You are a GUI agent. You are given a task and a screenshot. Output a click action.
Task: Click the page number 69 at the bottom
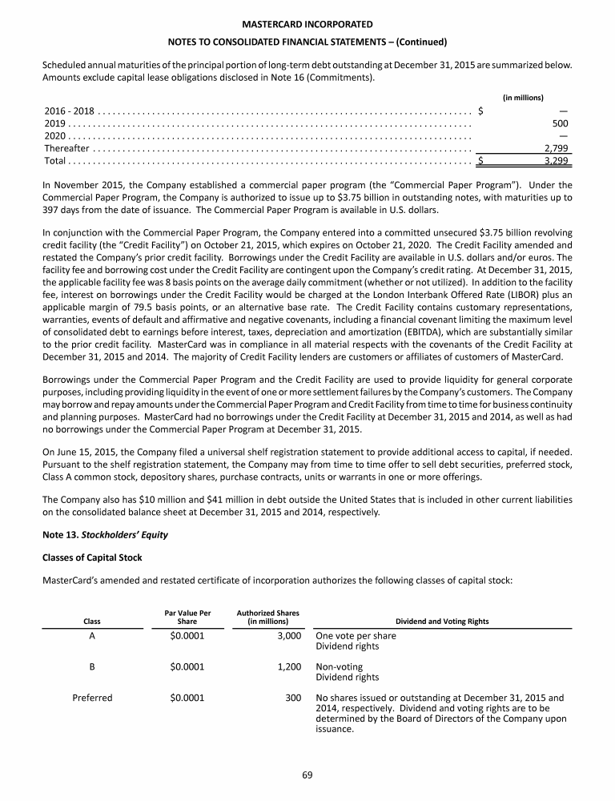pos(307,774)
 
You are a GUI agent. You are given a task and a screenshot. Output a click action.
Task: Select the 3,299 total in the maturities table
pos(556,161)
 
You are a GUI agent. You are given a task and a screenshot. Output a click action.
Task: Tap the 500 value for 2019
pos(561,123)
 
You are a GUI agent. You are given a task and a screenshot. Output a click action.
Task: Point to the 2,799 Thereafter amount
pos(556,148)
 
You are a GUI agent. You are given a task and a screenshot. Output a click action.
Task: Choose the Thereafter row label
pos(66,148)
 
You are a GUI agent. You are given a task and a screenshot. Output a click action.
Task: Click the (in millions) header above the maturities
pos(523,97)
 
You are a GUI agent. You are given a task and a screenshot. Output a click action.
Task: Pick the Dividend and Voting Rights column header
pos(443,622)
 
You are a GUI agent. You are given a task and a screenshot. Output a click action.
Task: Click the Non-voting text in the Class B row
pos(340,666)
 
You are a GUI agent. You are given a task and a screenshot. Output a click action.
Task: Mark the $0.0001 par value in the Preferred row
pos(187,698)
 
